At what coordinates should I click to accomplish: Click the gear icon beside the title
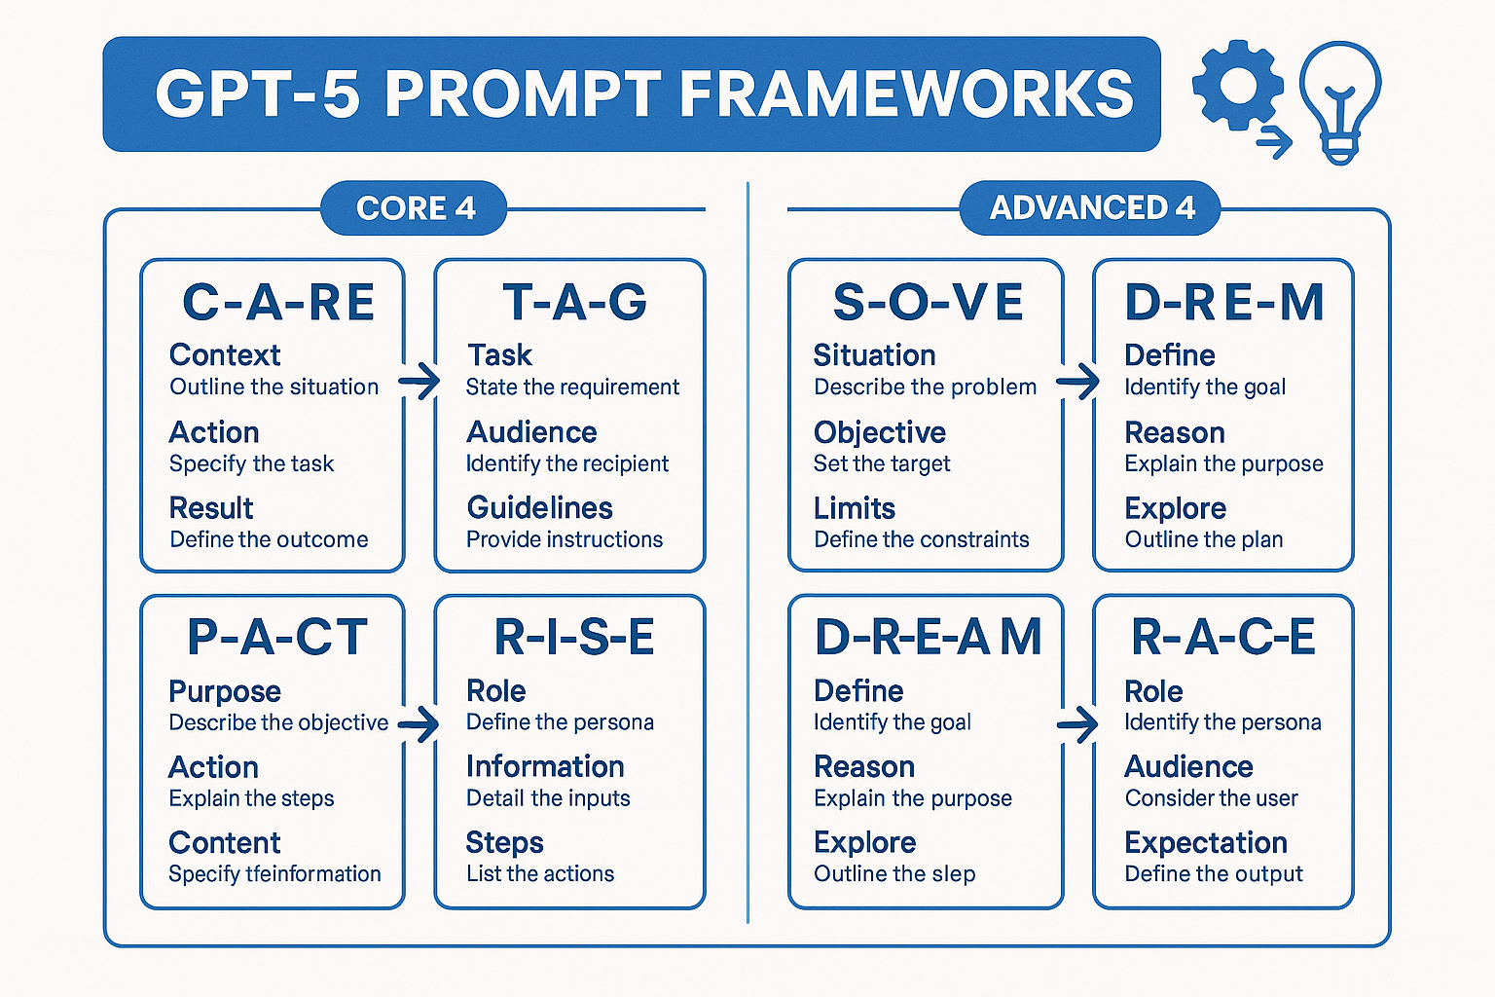(1238, 86)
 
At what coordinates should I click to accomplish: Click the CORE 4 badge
(414, 207)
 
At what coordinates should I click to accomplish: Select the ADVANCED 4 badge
(1090, 207)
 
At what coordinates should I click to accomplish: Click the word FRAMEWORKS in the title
(906, 93)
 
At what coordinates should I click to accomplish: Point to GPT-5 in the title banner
(258, 93)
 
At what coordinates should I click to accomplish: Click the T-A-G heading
(574, 302)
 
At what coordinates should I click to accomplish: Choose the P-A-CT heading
(277, 637)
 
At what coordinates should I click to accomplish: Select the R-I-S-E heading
(574, 637)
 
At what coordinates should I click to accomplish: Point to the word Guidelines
(539, 508)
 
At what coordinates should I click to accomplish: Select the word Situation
(874, 355)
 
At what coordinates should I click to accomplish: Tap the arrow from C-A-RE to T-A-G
(419, 382)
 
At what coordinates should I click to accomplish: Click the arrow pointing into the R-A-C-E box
(1077, 724)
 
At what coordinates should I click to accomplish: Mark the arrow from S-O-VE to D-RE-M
(1077, 382)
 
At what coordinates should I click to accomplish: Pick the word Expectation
(1206, 843)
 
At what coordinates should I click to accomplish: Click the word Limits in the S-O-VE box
(855, 509)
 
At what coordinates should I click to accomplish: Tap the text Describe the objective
(278, 722)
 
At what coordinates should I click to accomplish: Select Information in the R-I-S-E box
(545, 766)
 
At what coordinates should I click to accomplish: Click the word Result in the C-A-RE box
(211, 508)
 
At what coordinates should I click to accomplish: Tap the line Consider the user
(1212, 798)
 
